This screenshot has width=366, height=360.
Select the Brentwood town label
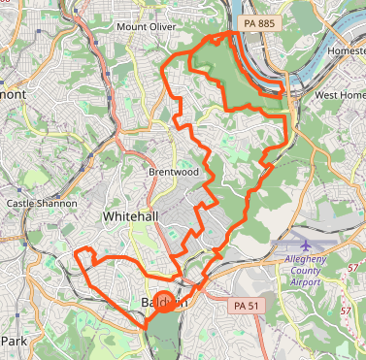point(174,172)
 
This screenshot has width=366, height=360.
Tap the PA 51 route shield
point(248,306)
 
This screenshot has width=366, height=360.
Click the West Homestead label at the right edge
point(339,95)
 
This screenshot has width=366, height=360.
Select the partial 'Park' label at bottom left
point(15,342)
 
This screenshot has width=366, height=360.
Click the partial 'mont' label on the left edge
point(13,95)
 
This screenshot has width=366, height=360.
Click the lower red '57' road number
point(346,311)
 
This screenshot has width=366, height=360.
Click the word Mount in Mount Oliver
point(133,27)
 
